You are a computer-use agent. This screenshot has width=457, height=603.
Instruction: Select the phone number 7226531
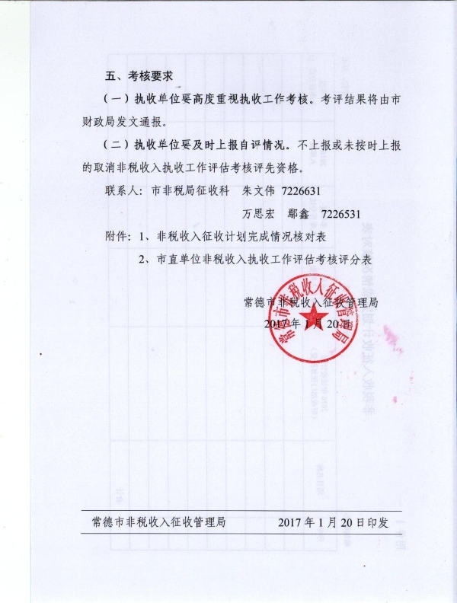point(340,212)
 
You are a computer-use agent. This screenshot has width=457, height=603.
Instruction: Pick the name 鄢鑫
point(299,212)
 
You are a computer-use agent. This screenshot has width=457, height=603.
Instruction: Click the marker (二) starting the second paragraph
point(117,144)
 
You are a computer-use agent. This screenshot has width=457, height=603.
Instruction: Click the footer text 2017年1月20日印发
point(334,523)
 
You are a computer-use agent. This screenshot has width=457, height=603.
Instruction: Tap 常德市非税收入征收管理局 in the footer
point(158,523)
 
